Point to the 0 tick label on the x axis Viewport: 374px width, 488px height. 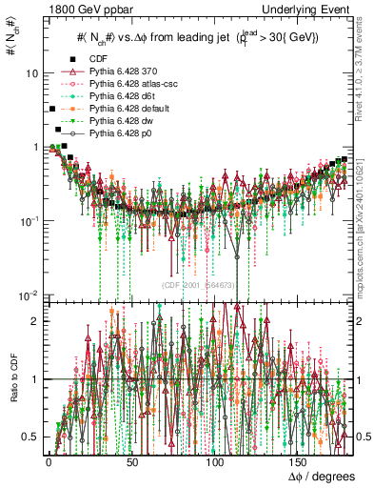49,460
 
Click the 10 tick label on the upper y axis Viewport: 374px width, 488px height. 32,73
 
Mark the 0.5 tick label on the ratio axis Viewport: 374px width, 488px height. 30,437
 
